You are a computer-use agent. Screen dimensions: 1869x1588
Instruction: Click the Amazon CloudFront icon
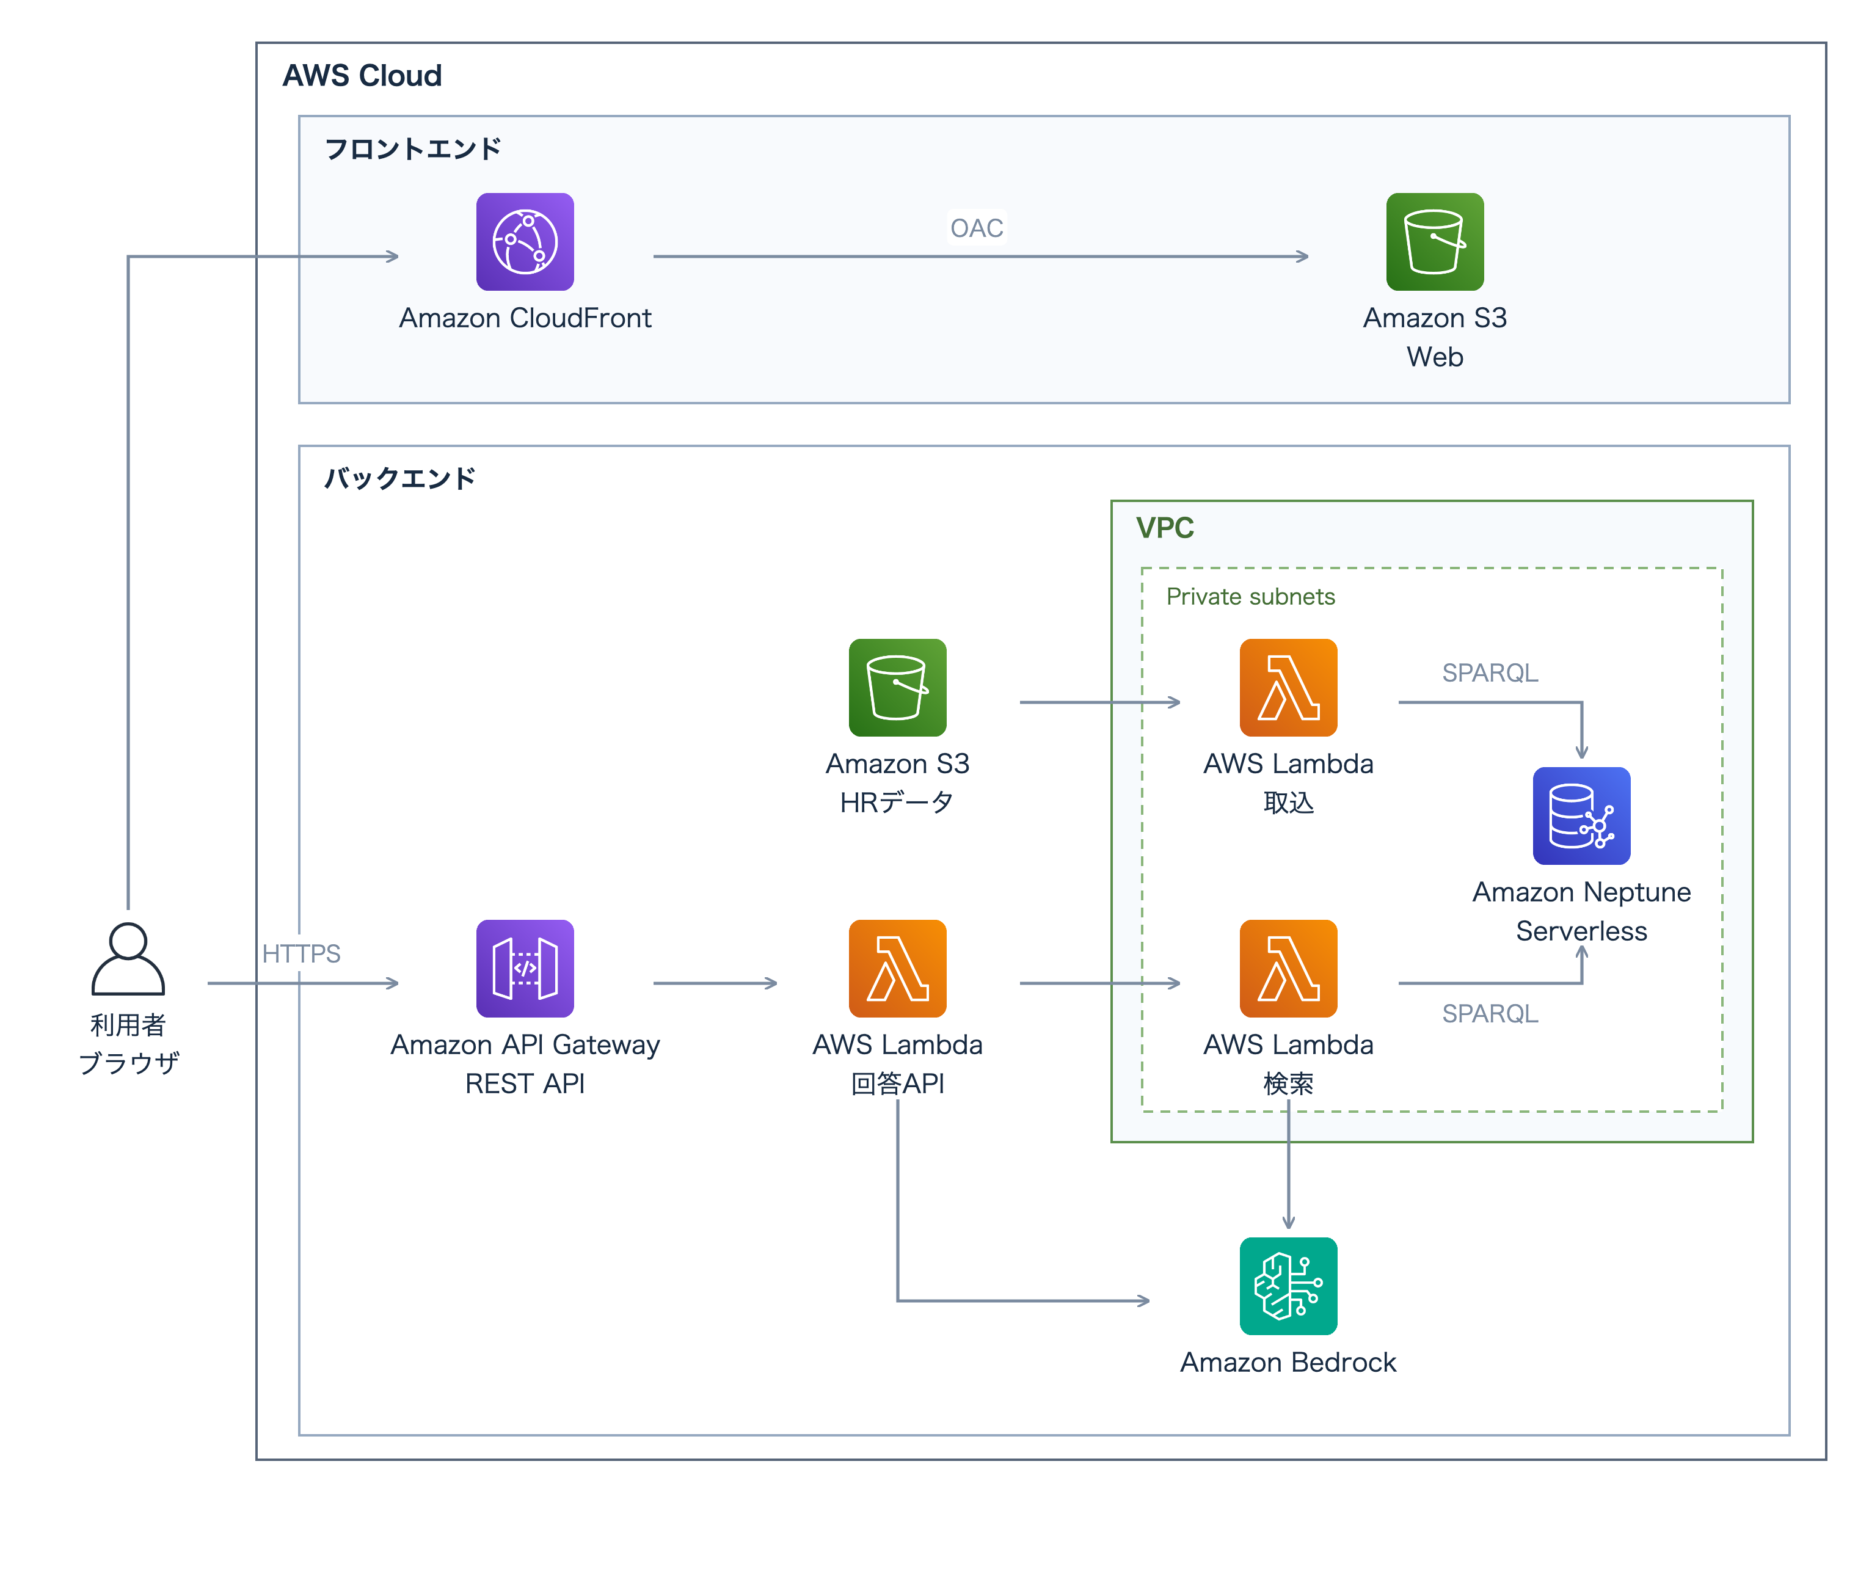[x=525, y=241]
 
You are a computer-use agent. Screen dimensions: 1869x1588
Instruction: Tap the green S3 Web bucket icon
[x=1435, y=241]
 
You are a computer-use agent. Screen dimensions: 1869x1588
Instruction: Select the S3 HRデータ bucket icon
[x=898, y=688]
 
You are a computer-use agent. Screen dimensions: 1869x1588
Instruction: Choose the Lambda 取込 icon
[x=1288, y=688]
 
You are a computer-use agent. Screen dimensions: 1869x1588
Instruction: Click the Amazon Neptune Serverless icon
[x=1582, y=815]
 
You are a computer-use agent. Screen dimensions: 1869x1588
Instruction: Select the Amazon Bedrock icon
[x=1288, y=1286]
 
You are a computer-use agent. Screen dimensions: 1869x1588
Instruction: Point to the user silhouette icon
[x=128, y=959]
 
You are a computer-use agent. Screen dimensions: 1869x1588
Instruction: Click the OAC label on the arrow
[x=977, y=228]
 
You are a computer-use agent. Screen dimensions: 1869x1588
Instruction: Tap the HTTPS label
[x=301, y=953]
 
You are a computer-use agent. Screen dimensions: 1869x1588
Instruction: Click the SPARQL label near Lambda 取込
[x=1490, y=672]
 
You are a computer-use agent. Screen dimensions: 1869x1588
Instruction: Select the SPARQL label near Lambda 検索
[x=1490, y=1014]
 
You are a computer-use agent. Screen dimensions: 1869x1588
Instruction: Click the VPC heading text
[x=1165, y=528]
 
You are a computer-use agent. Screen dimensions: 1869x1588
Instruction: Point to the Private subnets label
[x=1250, y=597]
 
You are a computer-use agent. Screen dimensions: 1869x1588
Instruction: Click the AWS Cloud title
[x=362, y=76]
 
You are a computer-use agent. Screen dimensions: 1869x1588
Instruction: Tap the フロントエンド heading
[x=412, y=148]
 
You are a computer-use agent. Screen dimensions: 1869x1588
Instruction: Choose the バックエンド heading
[x=399, y=478]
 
